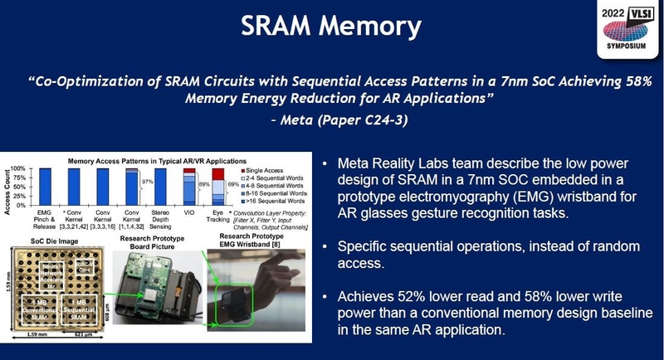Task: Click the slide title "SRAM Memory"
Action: point(331,27)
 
